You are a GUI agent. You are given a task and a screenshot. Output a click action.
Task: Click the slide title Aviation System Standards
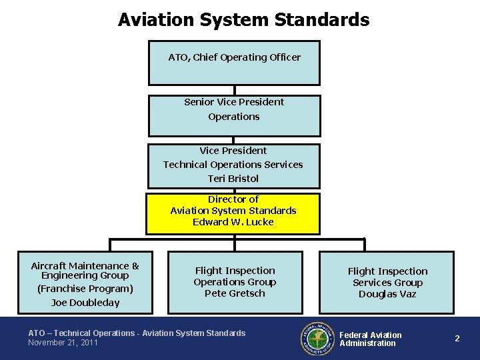point(243,20)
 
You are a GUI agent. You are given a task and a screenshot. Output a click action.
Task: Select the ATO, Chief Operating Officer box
point(234,63)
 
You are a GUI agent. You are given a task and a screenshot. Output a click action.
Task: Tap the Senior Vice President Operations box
point(234,115)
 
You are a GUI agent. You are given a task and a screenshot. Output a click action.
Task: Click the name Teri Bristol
point(233,179)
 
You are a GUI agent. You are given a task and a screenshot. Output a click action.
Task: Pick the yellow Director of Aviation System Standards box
point(233,213)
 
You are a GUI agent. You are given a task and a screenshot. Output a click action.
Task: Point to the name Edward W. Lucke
point(233,222)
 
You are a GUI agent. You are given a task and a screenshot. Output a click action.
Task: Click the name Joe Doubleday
point(85,303)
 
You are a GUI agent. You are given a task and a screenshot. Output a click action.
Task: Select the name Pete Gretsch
point(235,293)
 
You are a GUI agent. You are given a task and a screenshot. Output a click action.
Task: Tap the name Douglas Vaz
point(387,294)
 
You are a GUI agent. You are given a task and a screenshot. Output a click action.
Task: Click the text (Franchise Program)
point(85,289)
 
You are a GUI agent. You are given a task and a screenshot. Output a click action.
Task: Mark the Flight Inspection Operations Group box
point(235,281)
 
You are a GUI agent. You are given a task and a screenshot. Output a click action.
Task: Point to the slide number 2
point(457,339)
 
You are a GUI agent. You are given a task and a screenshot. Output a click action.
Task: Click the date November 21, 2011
point(63,343)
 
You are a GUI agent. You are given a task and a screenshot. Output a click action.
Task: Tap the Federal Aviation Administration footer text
point(371,339)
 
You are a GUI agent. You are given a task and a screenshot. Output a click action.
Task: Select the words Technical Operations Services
point(233,165)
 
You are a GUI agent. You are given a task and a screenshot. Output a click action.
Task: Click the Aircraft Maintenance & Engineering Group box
point(85,281)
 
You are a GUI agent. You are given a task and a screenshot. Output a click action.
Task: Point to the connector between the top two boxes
point(235,90)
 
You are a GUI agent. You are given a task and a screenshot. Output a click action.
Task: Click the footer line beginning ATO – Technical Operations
point(137,333)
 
